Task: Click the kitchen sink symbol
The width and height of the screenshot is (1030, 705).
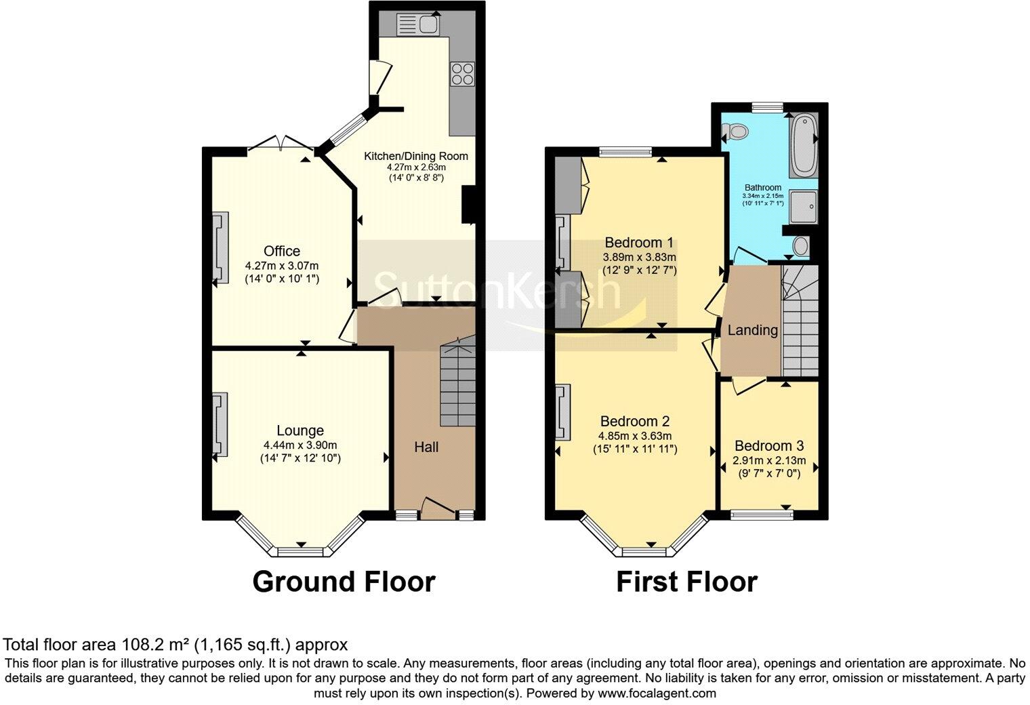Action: coord(418,25)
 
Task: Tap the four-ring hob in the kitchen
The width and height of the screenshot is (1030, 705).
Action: coord(464,73)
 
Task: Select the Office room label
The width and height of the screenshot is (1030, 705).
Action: coord(282,251)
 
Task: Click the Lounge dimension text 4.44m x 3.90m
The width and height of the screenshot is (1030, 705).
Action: coord(300,445)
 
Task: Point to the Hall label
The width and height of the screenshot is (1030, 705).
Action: coord(426,447)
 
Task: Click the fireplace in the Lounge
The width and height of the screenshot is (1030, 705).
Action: coord(220,425)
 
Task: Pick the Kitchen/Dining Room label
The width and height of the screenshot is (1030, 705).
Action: coord(416,156)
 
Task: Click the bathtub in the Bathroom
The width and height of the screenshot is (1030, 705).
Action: coord(804,144)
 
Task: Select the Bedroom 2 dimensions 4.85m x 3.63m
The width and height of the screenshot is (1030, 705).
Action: coord(635,436)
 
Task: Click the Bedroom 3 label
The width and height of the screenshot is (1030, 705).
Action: coord(769,446)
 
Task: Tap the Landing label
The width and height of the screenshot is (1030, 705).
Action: coord(752,331)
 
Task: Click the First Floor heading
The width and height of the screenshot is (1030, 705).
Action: coord(686,582)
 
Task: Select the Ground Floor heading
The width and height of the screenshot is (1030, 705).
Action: coord(344,582)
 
